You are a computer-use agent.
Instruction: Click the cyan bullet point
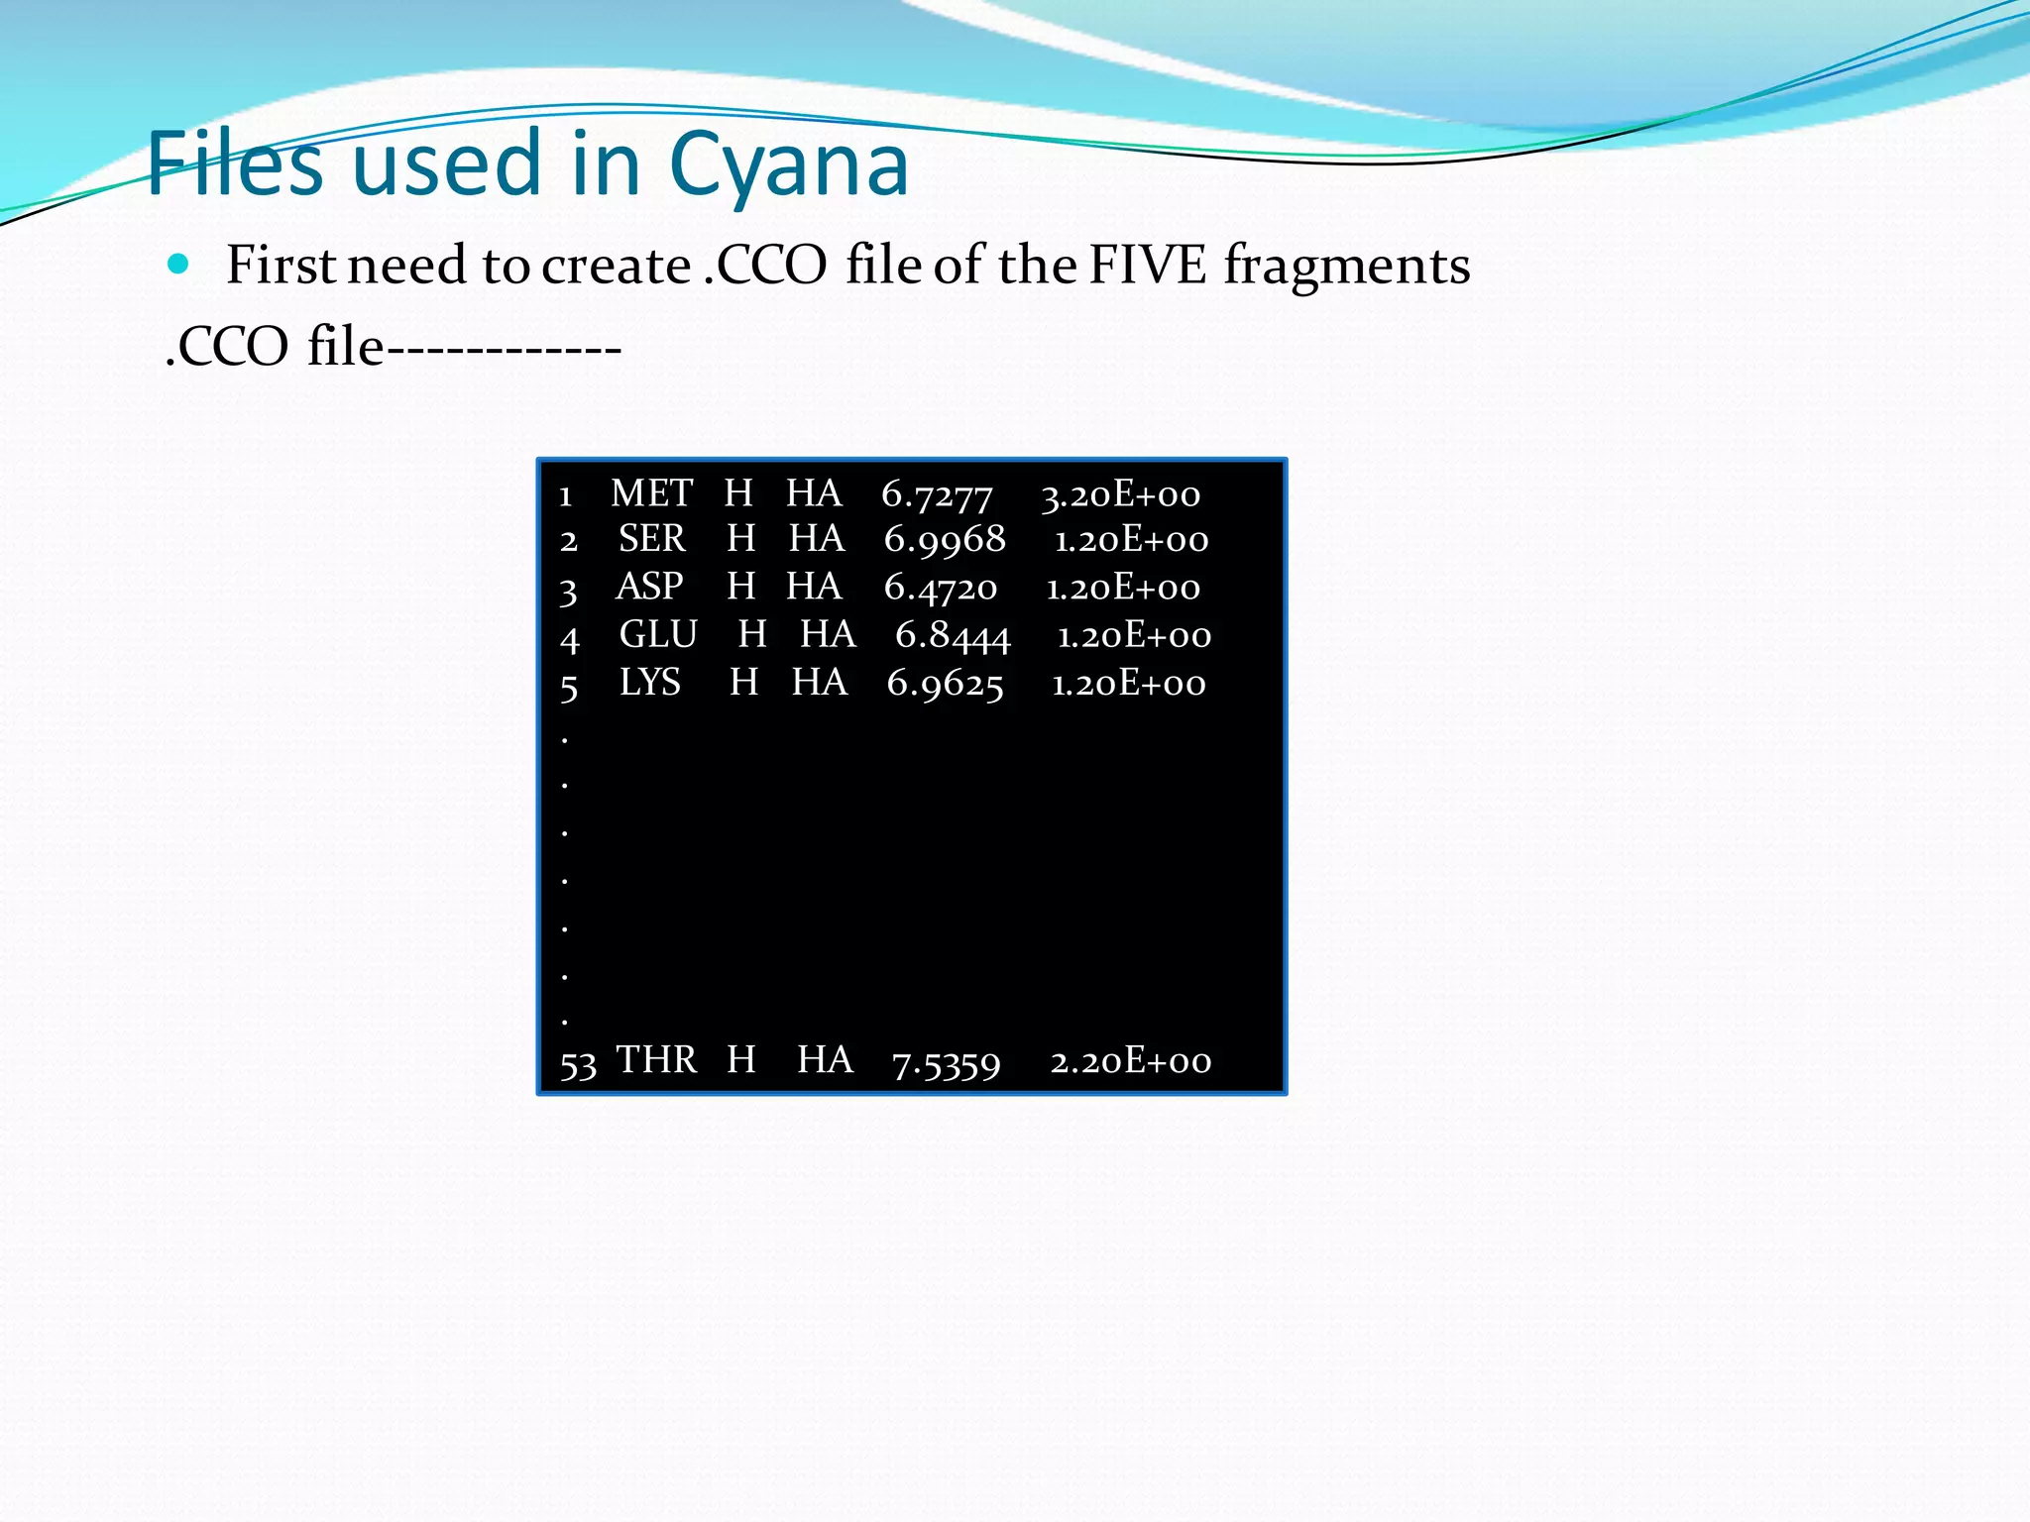coord(178,264)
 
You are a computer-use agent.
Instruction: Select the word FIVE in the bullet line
coord(1148,266)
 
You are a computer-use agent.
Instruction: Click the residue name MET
coord(651,493)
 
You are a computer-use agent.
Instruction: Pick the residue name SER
coord(651,539)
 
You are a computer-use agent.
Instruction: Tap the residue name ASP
coord(649,587)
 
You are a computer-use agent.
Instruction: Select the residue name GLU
coord(658,634)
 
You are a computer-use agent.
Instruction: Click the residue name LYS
coord(649,683)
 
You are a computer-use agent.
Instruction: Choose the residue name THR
coord(656,1060)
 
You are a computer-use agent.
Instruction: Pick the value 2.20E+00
coord(1131,1061)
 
